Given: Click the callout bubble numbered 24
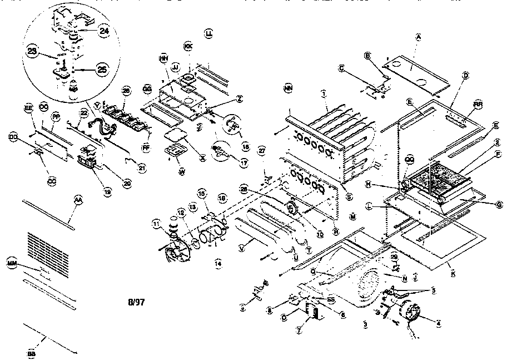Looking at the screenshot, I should point(104,31).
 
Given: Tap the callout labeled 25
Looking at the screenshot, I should point(102,70).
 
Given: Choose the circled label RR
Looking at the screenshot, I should point(478,103).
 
